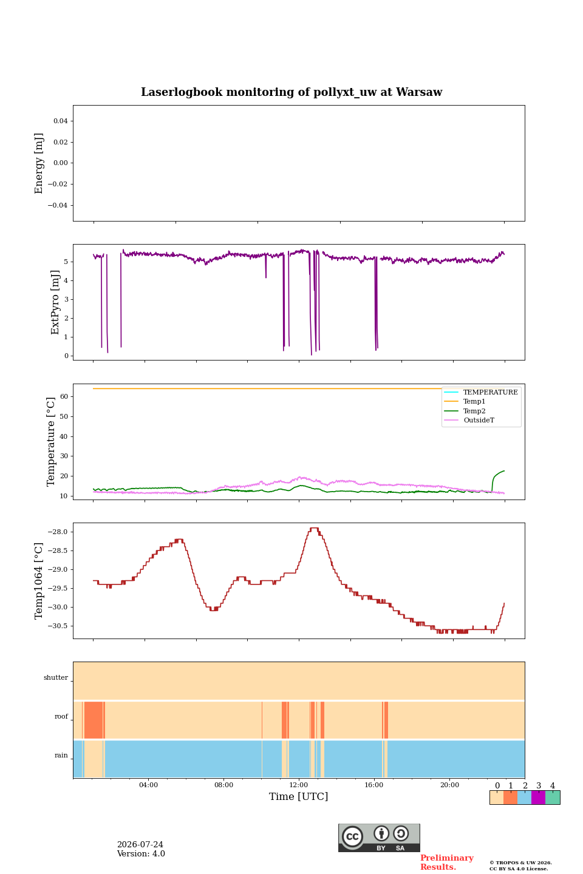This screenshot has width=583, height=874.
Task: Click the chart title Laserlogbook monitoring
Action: coord(291,92)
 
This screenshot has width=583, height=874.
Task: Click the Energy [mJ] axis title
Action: coord(39,163)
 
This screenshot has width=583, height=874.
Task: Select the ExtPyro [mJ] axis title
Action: coord(55,302)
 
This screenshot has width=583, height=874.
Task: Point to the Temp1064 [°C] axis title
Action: coord(39,581)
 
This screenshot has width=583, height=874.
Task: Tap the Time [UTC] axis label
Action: coord(298,797)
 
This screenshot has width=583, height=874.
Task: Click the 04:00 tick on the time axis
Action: coord(148,785)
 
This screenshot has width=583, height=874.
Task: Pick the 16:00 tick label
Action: coord(373,785)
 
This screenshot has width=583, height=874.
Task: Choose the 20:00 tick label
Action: coord(449,785)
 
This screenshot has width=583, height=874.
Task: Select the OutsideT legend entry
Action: coord(479,420)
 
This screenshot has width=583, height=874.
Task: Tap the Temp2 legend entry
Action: coord(474,411)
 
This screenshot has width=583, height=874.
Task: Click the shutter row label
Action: coord(56,677)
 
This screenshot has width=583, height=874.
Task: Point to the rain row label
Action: coord(61,755)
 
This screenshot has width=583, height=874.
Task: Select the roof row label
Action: coord(61,716)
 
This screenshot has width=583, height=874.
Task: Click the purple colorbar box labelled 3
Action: coord(538,798)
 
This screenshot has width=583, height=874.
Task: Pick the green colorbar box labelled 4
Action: coord(553,798)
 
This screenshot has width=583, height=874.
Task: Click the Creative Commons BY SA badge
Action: coord(379,838)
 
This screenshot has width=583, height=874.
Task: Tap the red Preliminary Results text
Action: coord(447,862)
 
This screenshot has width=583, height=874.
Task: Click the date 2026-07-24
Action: coord(140,844)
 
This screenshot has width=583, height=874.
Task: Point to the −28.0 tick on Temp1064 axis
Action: coord(58,532)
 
